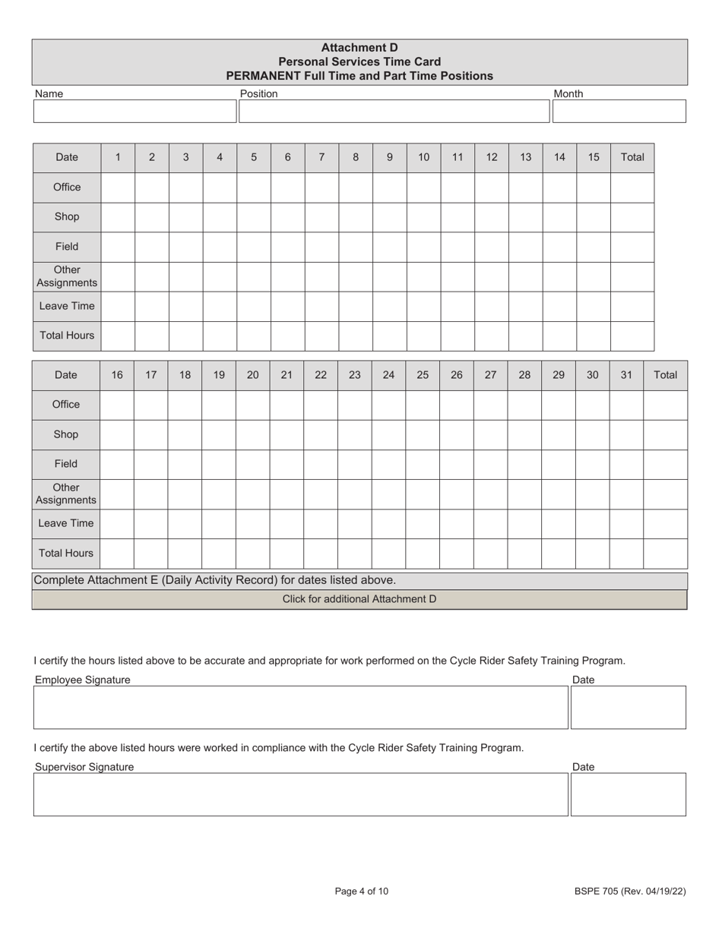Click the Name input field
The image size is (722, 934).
point(135,112)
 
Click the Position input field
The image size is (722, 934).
point(394,112)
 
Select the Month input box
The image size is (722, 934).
point(619,112)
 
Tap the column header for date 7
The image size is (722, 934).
point(321,157)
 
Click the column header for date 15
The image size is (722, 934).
point(594,157)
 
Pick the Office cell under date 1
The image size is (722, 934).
point(118,188)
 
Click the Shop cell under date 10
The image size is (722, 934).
point(423,217)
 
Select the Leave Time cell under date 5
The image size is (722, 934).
point(254,306)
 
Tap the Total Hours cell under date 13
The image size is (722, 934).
point(525,336)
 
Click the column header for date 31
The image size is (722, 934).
point(626,375)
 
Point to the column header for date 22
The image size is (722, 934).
point(321,375)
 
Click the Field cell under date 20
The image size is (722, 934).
point(252,464)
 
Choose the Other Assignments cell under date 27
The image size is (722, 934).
point(490,494)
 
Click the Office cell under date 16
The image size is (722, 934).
point(117,405)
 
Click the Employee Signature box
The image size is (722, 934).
point(301,708)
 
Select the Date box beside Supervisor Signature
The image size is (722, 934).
point(628,794)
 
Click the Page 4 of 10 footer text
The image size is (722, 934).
point(361,891)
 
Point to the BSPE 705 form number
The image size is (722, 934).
point(630,891)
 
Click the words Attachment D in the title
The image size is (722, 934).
point(359,47)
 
